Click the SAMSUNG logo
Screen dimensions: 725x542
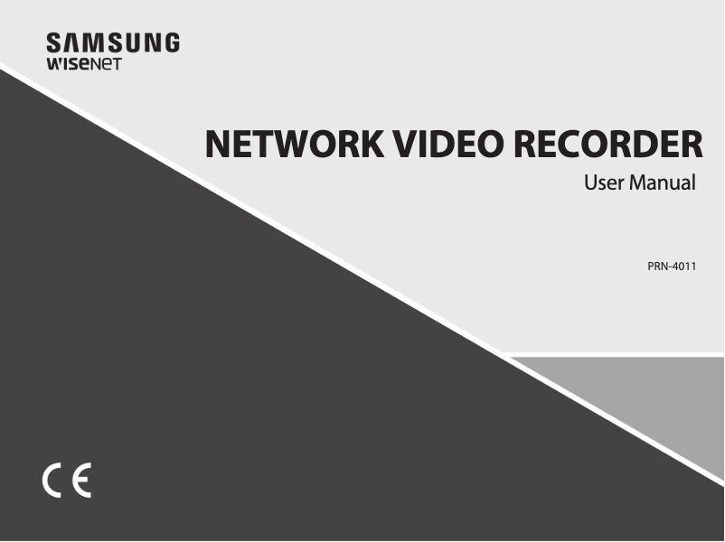[113, 42]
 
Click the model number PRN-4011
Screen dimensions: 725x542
[671, 266]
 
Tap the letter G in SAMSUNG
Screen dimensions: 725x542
[169, 42]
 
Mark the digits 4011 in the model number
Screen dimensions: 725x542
[682, 266]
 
